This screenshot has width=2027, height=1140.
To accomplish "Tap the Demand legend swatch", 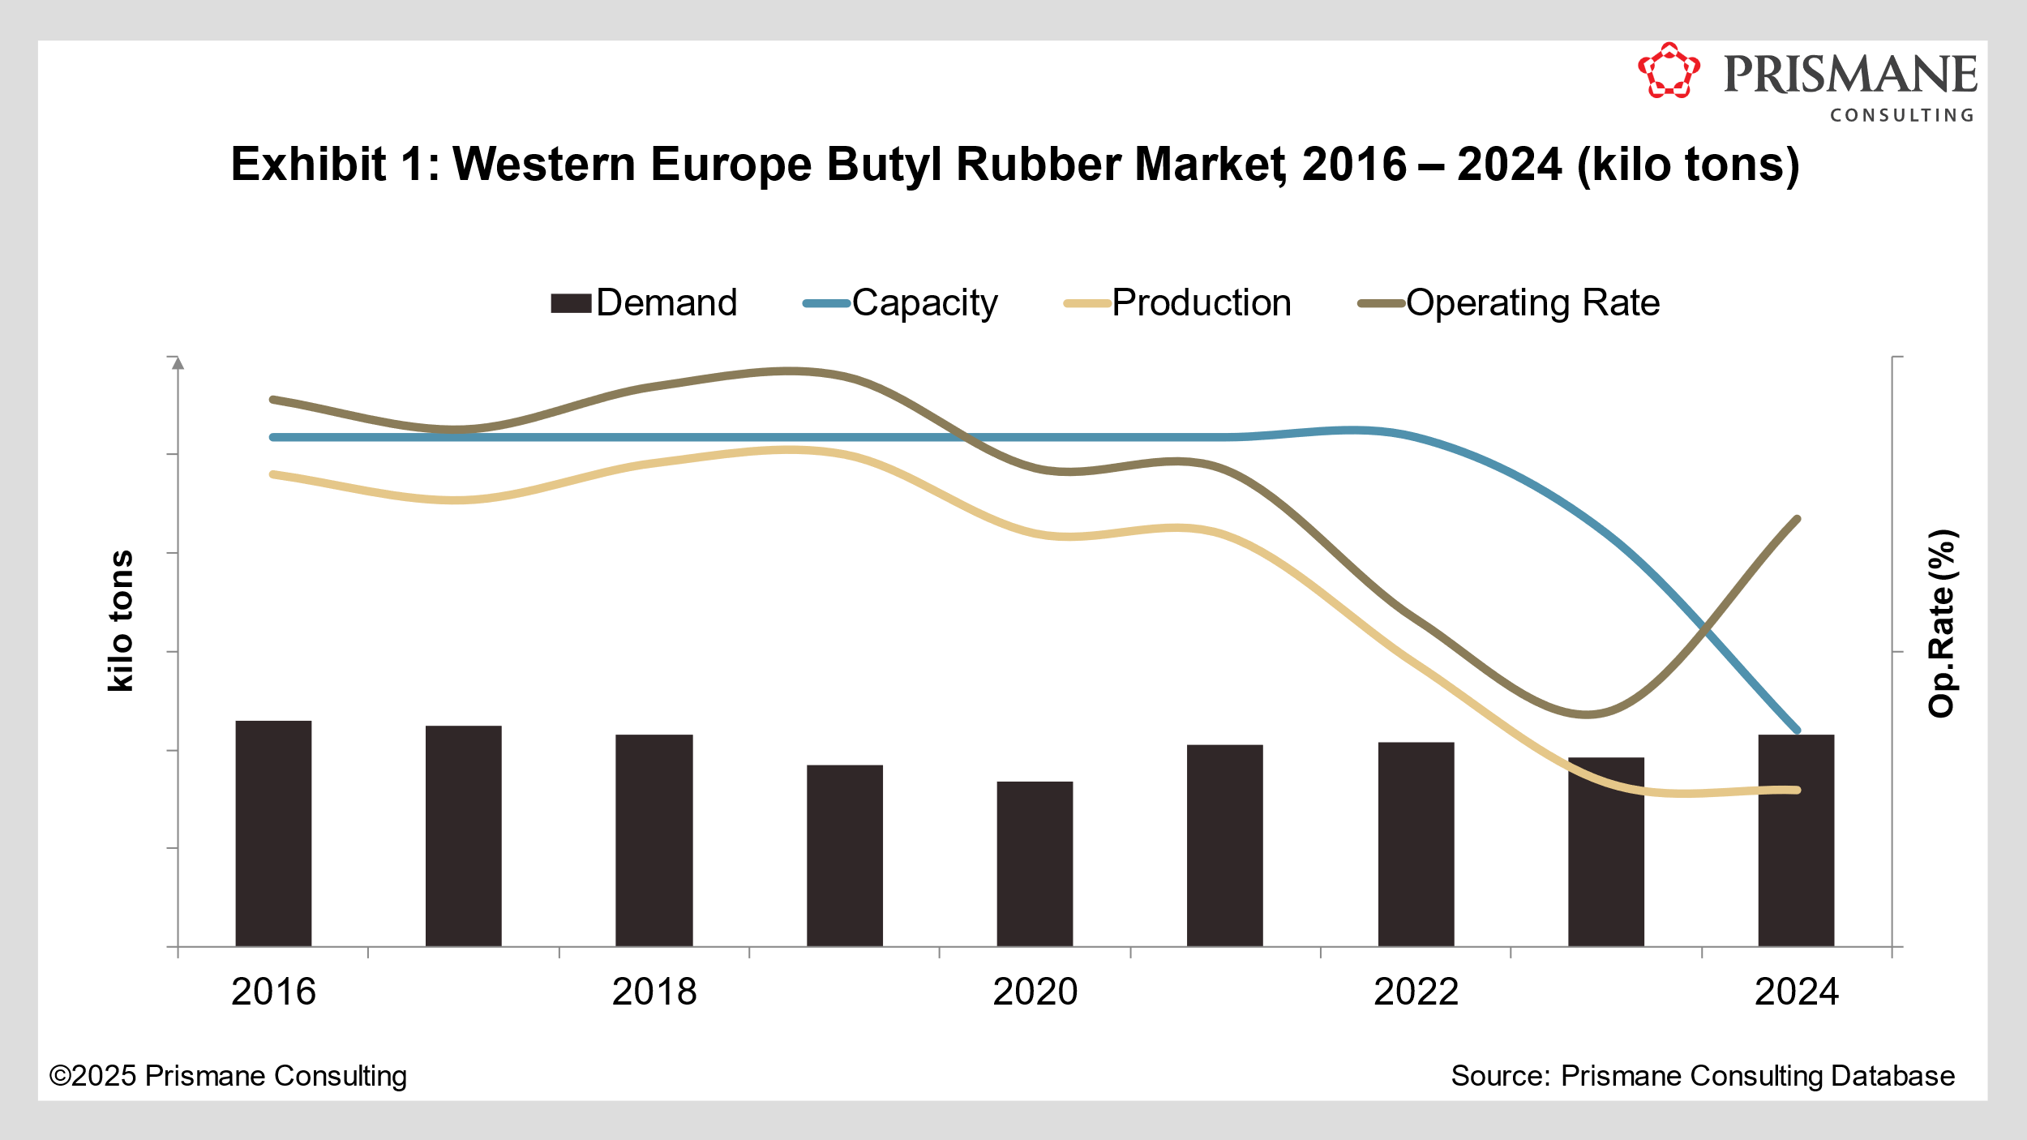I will tap(571, 303).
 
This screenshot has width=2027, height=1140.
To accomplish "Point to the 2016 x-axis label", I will tap(273, 992).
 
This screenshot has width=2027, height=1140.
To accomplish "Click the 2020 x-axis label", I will tap(1035, 992).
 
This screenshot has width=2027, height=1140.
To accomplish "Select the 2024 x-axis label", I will tap(1796, 992).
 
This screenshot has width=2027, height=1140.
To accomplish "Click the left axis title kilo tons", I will tap(121, 621).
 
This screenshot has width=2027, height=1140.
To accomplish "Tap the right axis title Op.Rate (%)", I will tap(1941, 623).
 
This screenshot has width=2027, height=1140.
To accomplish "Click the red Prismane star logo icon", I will tap(1668, 71).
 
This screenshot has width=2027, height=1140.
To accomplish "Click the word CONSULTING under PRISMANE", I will tap(1901, 116).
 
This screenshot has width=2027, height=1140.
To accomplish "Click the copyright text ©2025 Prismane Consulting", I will tap(228, 1076).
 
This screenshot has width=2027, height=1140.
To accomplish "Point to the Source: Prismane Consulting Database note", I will tap(1702, 1076).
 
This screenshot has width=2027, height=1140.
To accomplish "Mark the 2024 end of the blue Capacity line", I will tap(1798, 731).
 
